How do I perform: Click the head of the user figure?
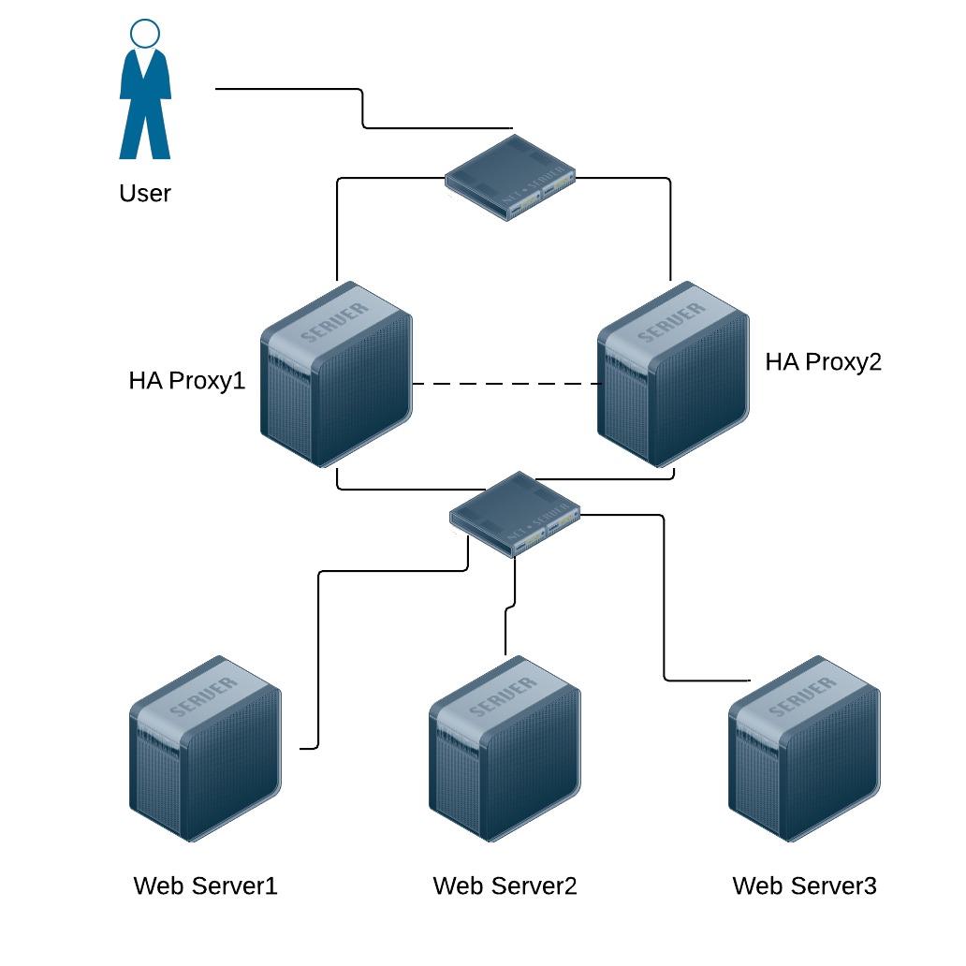145,36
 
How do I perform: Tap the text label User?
145,194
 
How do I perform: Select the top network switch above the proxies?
510,178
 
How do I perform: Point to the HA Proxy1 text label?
187,381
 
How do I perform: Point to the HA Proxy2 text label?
824,362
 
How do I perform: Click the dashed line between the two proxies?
505,384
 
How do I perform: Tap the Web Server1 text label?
206,885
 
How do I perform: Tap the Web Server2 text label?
505,885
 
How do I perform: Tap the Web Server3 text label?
805,885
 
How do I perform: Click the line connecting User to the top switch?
362,109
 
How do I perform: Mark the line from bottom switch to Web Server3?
665,599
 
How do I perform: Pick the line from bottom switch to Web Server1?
319,655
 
